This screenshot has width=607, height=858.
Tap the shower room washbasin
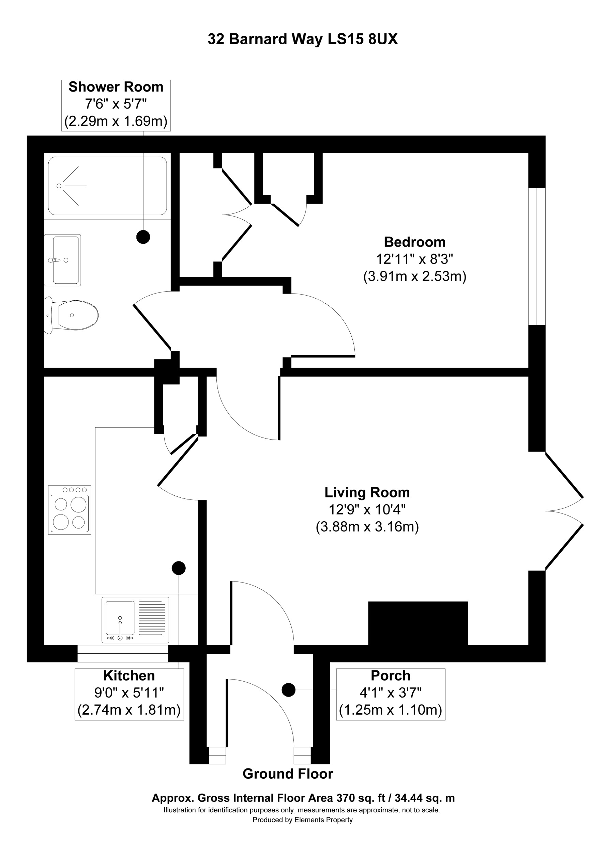pyautogui.click(x=63, y=260)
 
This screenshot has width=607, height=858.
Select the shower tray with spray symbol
pyautogui.click(x=107, y=186)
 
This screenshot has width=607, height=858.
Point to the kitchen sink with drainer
pyautogui.click(x=135, y=620)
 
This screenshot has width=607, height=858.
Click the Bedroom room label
pyautogui.click(x=414, y=242)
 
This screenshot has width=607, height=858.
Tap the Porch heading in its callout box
pyautogui.click(x=390, y=676)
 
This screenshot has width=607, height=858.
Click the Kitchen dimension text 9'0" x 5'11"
pyautogui.click(x=129, y=693)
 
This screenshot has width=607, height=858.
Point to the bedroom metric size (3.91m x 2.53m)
pyautogui.click(x=414, y=276)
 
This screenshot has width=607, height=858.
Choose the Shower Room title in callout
pyautogui.click(x=116, y=87)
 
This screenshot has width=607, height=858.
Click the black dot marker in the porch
pyautogui.click(x=288, y=690)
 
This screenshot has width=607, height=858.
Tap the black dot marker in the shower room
pyautogui.click(x=143, y=237)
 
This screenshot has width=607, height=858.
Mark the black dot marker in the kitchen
pyautogui.click(x=179, y=568)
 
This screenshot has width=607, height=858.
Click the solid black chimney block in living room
pyautogui.click(x=418, y=623)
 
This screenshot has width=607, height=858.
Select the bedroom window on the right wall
pyautogui.click(x=537, y=256)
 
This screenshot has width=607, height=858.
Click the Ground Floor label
pyautogui.click(x=288, y=774)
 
